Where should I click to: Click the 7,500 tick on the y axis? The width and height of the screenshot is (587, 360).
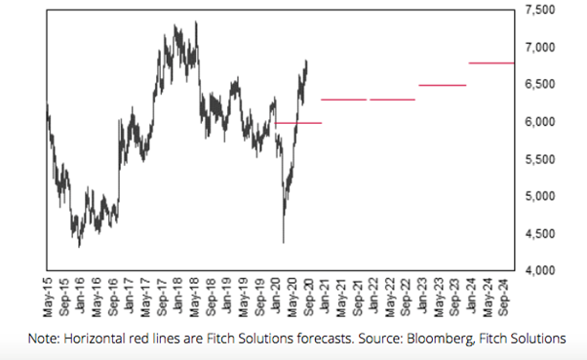pyautogui.click(x=540, y=10)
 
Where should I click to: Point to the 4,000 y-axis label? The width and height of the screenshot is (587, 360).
pyautogui.click(x=540, y=270)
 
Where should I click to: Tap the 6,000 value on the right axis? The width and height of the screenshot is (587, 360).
pyautogui.click(x=540, y=122)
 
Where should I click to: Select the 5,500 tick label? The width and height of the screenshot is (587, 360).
pyautogui.click(x=540, y=159)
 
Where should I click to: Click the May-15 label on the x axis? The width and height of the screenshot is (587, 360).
pyautogui.click(x=48, y=298)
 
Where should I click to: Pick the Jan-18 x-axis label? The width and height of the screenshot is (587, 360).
pyautogui.click(x=177, y=296)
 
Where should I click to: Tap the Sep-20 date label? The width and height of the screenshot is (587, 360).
pyautogui.click(x=308, y=297)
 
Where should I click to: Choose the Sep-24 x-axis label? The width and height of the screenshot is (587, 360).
pyautogui.click(x=504, y=297)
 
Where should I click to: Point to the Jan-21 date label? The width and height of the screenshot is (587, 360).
pyautogui.click(x=325, y=296)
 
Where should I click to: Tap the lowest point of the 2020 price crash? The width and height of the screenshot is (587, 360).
pyautogui.click(x=284, y=243)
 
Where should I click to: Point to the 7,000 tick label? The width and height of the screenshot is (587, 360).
pyautogui.click(x=540, y=47)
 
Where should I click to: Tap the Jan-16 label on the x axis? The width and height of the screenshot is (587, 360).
pyautogui.click(x=80, y=296)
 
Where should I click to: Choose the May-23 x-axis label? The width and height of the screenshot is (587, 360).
pyautogui.click(x=439, y=298)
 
